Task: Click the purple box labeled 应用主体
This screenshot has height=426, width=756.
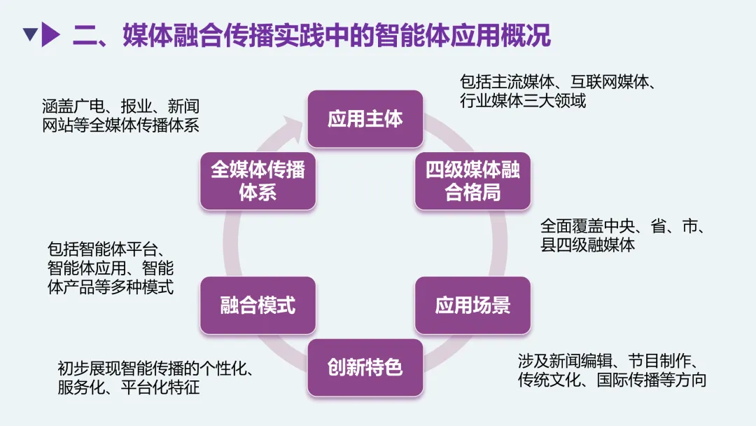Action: pos(365,118)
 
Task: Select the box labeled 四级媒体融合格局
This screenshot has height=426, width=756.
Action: pos(472,181)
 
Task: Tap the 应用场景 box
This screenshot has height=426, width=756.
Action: pos(472,305)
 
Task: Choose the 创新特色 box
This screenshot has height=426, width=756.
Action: pos(365,367)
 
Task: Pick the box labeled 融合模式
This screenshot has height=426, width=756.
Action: pos(258,305)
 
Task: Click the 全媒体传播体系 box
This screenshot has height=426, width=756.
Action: pos(258,181)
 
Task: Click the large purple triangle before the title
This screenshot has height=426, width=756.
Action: pos(50,34)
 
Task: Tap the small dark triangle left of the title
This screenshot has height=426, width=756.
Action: pos(29,34)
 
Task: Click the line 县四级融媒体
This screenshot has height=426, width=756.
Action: pos(588,245)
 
